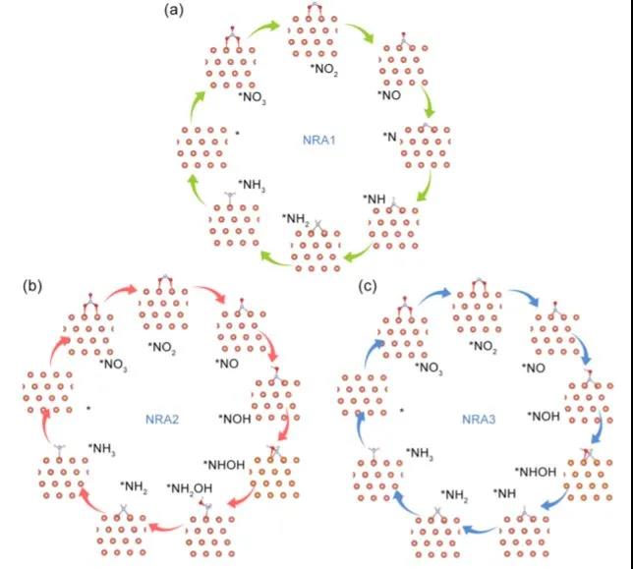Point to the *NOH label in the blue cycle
[x=546, y=415]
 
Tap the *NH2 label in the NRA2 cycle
[x=134, y=485]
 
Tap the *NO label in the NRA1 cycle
[x=390, y=96]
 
